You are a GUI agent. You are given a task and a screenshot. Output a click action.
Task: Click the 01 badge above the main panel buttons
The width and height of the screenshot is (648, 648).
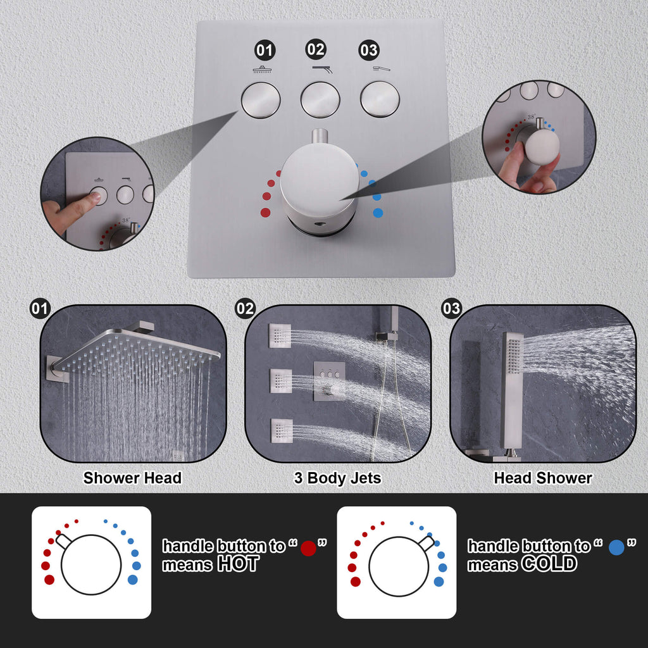click(x=265, y=50)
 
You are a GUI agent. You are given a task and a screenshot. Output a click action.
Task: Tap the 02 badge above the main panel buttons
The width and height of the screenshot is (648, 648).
click(x=316, y=49)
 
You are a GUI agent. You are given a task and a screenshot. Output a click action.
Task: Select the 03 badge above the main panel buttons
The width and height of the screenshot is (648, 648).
click(x=369, y=50)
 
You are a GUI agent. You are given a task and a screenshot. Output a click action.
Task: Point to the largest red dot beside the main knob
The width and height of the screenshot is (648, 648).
click(x=265, y=213)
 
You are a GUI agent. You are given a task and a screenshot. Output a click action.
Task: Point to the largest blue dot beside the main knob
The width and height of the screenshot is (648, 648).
click(x=378, y=213)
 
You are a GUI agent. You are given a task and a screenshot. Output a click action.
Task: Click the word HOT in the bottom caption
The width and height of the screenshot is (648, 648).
click(x=239, y=564)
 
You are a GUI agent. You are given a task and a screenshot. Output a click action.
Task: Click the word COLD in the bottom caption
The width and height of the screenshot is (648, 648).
click(x=549, y=563)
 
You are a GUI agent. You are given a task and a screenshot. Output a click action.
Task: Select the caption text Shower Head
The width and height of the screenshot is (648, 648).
click(x=132, y=478)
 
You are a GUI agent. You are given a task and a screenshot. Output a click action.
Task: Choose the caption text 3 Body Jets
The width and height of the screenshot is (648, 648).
click(x=337, y=478)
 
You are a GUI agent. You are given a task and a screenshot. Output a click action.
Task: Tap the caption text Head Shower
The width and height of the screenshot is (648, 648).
click(x=543, y=478)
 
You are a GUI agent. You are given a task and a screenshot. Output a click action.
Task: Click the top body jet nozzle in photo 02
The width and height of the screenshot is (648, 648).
click(x=280, y=335)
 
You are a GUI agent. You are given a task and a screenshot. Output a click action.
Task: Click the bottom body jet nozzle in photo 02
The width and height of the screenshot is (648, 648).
click(x=282, y=430)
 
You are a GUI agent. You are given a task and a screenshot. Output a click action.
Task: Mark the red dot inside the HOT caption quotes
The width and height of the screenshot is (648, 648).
click(x=308, y=548)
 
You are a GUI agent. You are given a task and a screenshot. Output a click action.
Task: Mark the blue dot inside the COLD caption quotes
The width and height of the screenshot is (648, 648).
click(x=616, y=547)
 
